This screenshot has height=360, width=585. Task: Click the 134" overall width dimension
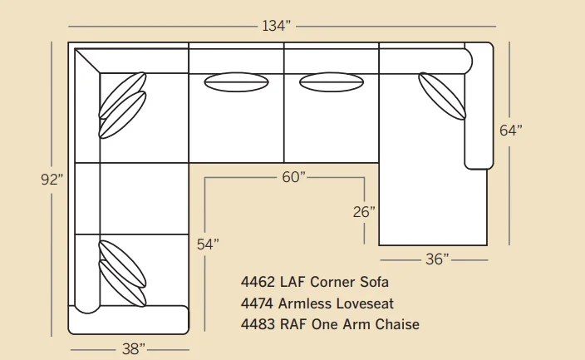pyautogui.click(x=276, y=26)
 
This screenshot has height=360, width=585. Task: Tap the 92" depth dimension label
pyautogui.click(x=52, y=180)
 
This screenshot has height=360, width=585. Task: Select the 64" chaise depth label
pyautogui.click(x=511, y=131)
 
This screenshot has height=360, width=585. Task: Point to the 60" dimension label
pyautogui.click(x=293, y=177)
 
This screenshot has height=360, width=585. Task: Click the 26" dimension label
pyautogui.click(x=364, y=212)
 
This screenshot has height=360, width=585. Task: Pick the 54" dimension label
pyautogui.click(x=208, y=244)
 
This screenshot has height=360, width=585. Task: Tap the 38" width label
pyautogui.click(x=133, y=349)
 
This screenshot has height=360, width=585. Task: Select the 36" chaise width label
pyautogui.click(x=437, y=259)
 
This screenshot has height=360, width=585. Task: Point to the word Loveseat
pyautogui.click(x=365, y=303)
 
